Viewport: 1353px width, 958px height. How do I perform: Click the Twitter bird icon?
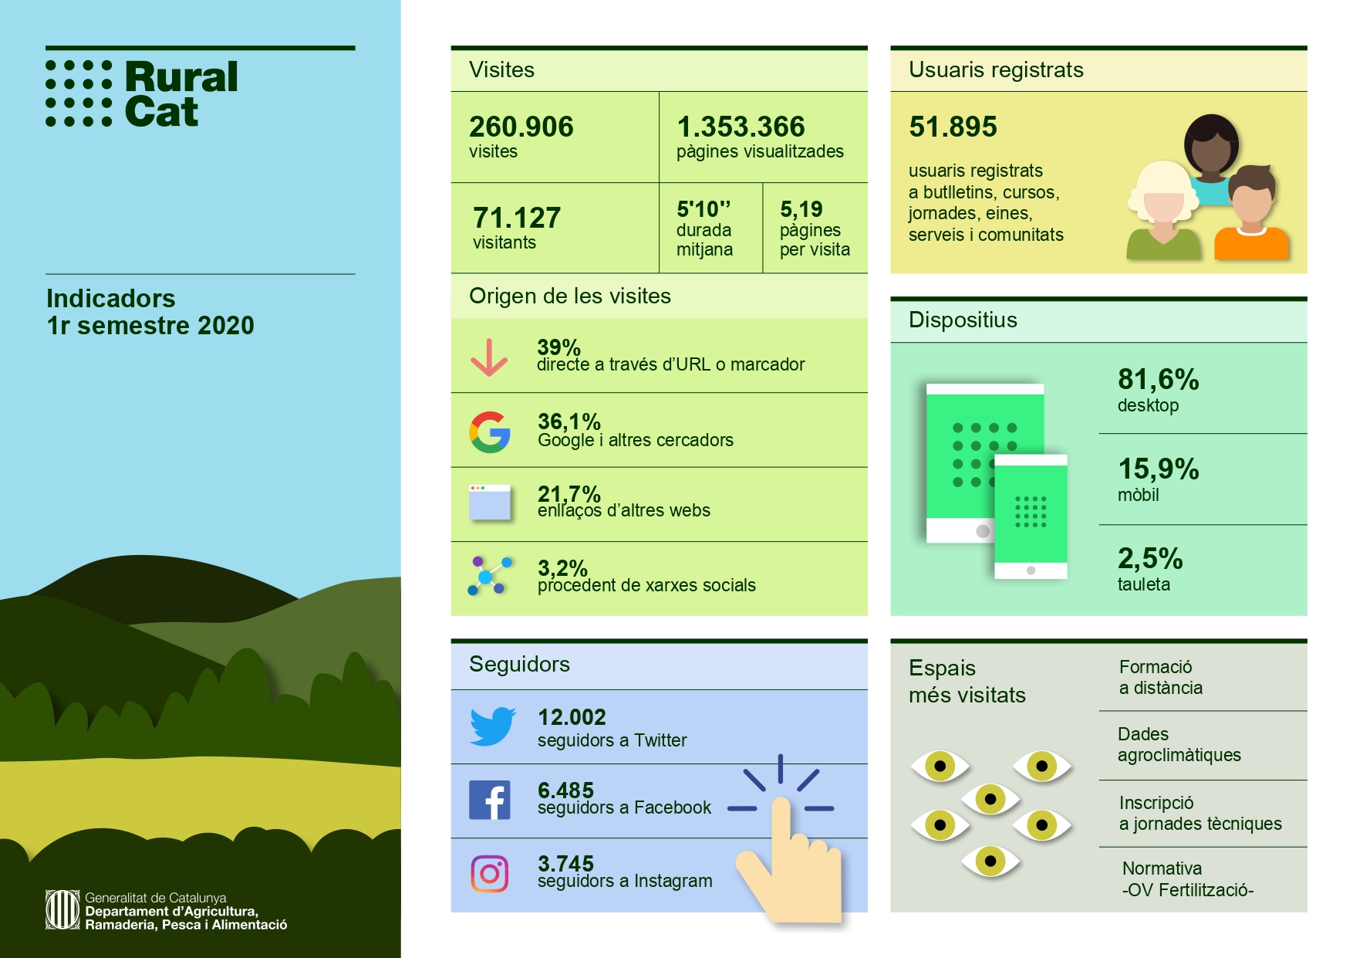(x=492, y=726)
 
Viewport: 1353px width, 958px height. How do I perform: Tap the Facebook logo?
(x=490, y=800)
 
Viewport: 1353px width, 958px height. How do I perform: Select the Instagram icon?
(x=490, y=874)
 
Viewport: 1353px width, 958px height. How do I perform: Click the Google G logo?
(x=490, y=432)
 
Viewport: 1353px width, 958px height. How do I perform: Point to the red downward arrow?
(x=489, y=357)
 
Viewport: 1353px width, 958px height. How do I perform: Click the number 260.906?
(x=521, y=127)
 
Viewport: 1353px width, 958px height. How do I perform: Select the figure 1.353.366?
(x=741, y=127)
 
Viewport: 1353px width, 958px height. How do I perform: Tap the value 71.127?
(x=516, y=218)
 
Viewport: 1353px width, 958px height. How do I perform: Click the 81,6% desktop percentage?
(x=1158, y=379)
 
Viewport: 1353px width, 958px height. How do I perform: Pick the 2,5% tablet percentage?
(x=1149, y=558)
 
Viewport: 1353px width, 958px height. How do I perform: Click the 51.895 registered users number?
(x=953, y=127)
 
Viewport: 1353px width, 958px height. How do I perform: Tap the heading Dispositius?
(x=963, y=320)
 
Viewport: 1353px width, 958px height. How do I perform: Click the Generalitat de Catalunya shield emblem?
(x=62, y=909)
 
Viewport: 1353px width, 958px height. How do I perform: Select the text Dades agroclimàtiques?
(x=1179, y=744)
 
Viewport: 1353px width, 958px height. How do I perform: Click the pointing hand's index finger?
(x=781, y=818)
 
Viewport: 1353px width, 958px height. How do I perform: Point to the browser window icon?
(x=490, y=503)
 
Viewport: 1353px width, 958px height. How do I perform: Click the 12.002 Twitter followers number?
(x=572, y=717)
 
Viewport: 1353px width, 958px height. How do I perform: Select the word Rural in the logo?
(x=181, y=77)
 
